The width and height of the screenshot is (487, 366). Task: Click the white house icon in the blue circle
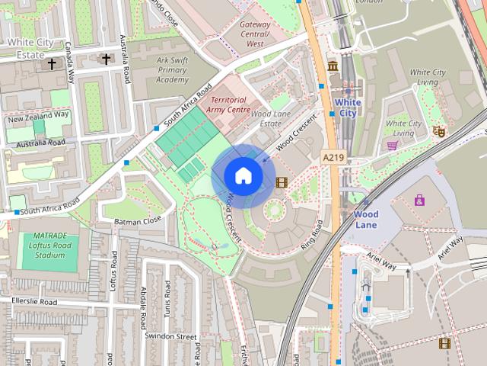(243, 175)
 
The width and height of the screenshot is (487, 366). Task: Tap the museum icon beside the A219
(333, 68)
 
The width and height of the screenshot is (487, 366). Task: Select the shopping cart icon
(393, 145)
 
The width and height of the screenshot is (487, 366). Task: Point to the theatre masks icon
(438, 131)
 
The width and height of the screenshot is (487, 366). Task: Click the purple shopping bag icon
(419, 200)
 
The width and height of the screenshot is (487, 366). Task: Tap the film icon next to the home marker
(282, 181)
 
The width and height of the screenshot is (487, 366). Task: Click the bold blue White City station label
(347, 108)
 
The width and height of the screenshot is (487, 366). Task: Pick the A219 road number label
(333, 156)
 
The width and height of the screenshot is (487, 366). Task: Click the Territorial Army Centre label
(230, 105)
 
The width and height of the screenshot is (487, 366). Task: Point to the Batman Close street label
(138, 220)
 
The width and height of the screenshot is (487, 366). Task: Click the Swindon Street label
(171, 335)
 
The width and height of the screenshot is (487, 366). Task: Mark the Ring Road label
(313, 234)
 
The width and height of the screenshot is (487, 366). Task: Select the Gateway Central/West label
(255, 34)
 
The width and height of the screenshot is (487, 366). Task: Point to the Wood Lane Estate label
(271, 118)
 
